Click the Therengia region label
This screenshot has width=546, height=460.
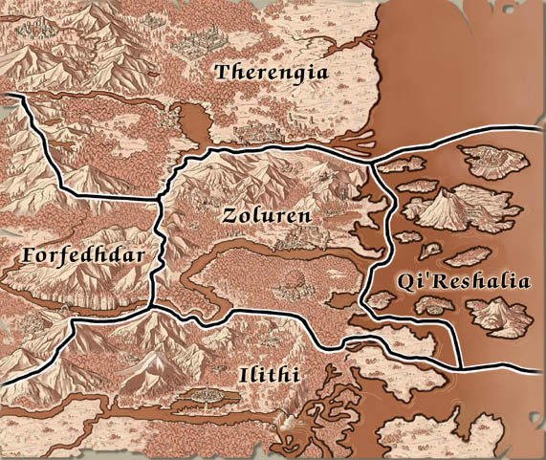click(272, 73)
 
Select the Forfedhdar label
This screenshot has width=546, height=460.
click(81, 256)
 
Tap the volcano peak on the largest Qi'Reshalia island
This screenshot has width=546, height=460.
click(447, 196)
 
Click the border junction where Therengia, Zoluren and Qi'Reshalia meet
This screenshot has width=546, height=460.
click(371, 162)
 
